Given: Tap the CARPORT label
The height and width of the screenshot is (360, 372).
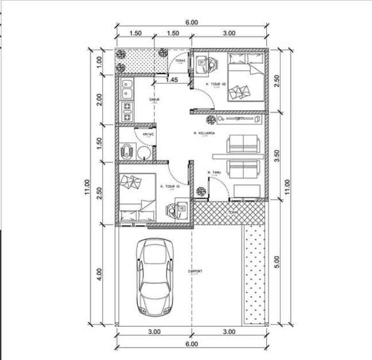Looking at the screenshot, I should [195, 272].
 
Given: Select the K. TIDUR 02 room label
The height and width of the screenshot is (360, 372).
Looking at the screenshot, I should [216, 84].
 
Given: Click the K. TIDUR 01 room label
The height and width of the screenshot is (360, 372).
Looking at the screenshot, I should [170, 186].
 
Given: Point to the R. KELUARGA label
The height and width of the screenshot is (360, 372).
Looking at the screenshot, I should [204, 133].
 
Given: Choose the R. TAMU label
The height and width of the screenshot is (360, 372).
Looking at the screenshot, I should [216, 172].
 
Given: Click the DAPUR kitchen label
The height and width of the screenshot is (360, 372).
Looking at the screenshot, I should [154, 99].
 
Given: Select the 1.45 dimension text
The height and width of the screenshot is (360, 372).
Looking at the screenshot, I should [171, 80].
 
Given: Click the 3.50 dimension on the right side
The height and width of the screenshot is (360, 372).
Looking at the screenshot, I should [278, 156].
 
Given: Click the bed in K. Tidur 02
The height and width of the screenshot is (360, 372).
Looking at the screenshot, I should [246, 78].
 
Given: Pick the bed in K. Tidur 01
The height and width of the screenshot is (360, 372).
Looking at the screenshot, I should [138, 198].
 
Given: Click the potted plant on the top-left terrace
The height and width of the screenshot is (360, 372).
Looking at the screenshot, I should [122, 55].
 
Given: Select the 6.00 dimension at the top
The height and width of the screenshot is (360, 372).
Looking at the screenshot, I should [191, 22].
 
